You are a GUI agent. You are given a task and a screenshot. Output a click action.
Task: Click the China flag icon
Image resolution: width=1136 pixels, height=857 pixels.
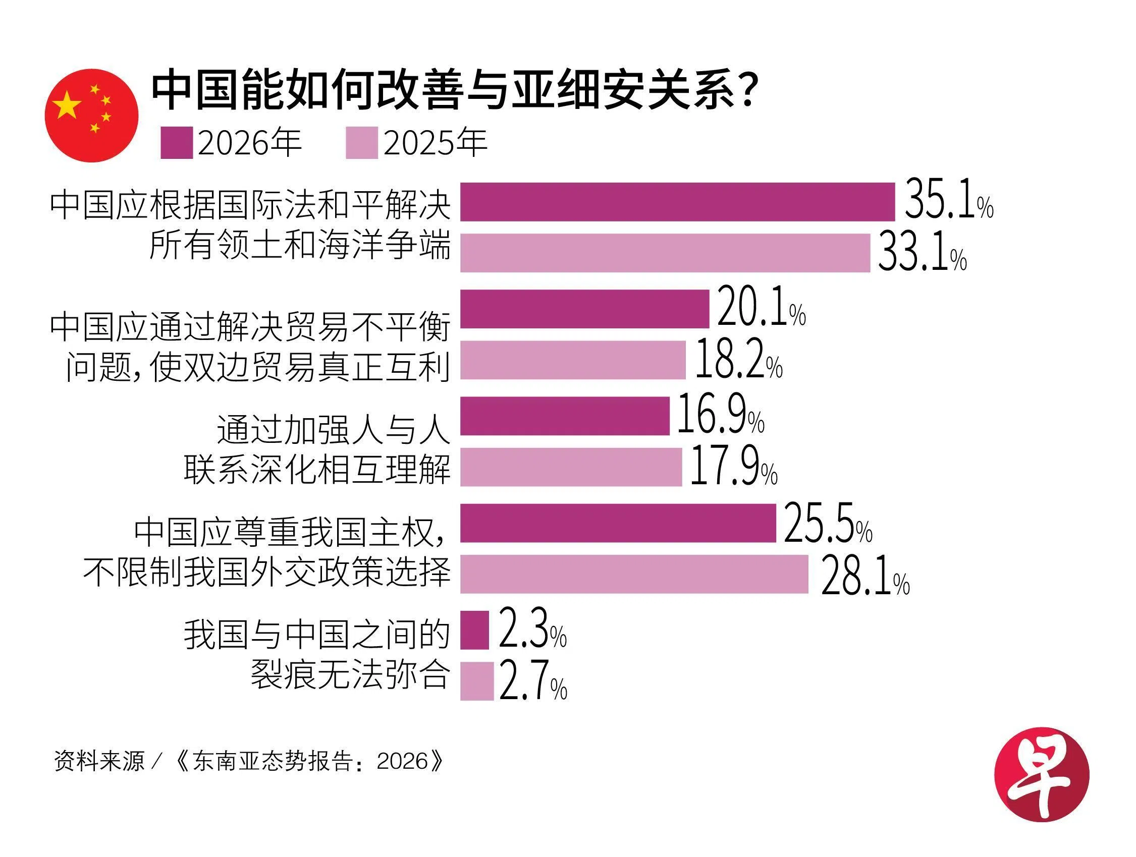click(91, 116)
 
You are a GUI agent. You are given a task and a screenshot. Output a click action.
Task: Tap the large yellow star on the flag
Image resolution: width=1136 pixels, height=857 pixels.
click(67, 105)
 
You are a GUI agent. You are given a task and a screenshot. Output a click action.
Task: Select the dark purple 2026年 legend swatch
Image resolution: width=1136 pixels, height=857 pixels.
click(176, 143)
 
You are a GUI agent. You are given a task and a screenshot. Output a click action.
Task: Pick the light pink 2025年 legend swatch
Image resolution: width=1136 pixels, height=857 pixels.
click(361, 143)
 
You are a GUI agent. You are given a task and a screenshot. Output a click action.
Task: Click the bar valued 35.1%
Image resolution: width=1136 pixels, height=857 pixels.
click(677, 202)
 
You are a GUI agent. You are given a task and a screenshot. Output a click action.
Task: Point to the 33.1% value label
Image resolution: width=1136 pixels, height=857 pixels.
click(923, 253)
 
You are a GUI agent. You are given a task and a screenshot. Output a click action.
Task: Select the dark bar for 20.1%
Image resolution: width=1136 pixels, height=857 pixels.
click(584, 309)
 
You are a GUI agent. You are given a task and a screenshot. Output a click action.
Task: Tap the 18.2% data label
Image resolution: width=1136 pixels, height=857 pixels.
click(738, 360)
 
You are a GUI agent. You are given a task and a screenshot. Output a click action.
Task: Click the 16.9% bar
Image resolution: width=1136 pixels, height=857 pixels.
click(564, 416)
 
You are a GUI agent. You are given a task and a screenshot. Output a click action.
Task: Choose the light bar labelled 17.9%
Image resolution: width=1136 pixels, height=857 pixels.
click(571, 467)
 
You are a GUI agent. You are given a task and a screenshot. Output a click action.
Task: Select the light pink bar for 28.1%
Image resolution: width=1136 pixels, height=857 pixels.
click(634, 574)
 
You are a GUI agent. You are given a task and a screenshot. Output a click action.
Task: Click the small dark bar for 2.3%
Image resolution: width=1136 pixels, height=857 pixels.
click(474, 630)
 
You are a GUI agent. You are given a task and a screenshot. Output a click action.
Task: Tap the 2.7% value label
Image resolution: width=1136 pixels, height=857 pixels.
click(533, 681)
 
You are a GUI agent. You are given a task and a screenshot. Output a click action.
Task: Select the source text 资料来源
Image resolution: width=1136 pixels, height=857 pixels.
click(99, 761)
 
